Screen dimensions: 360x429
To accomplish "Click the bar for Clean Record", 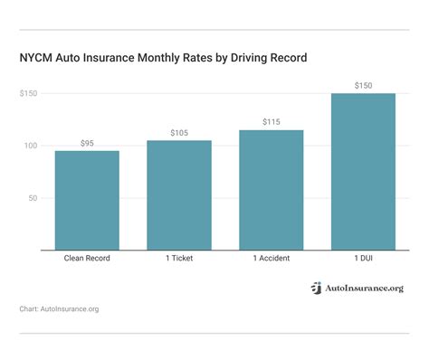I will click(86, 200).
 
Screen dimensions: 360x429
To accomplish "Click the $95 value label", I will click(86, 143).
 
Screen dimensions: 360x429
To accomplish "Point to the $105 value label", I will click(178, 133).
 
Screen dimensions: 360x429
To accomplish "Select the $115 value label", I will click(271, 122).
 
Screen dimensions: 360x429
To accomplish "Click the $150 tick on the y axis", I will click(29, 94).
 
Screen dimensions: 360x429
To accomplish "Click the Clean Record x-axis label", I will click(86, 259).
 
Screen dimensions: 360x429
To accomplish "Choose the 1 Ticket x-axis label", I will click(178, 259).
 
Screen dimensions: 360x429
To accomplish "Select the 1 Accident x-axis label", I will click(271, 259).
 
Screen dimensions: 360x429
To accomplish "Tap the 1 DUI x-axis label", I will click(363, 259).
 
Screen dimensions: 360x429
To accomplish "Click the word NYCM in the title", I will click(37, 58).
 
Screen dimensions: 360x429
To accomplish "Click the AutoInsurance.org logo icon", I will click(316, 288).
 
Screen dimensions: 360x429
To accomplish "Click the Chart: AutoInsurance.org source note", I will click(59, 309).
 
